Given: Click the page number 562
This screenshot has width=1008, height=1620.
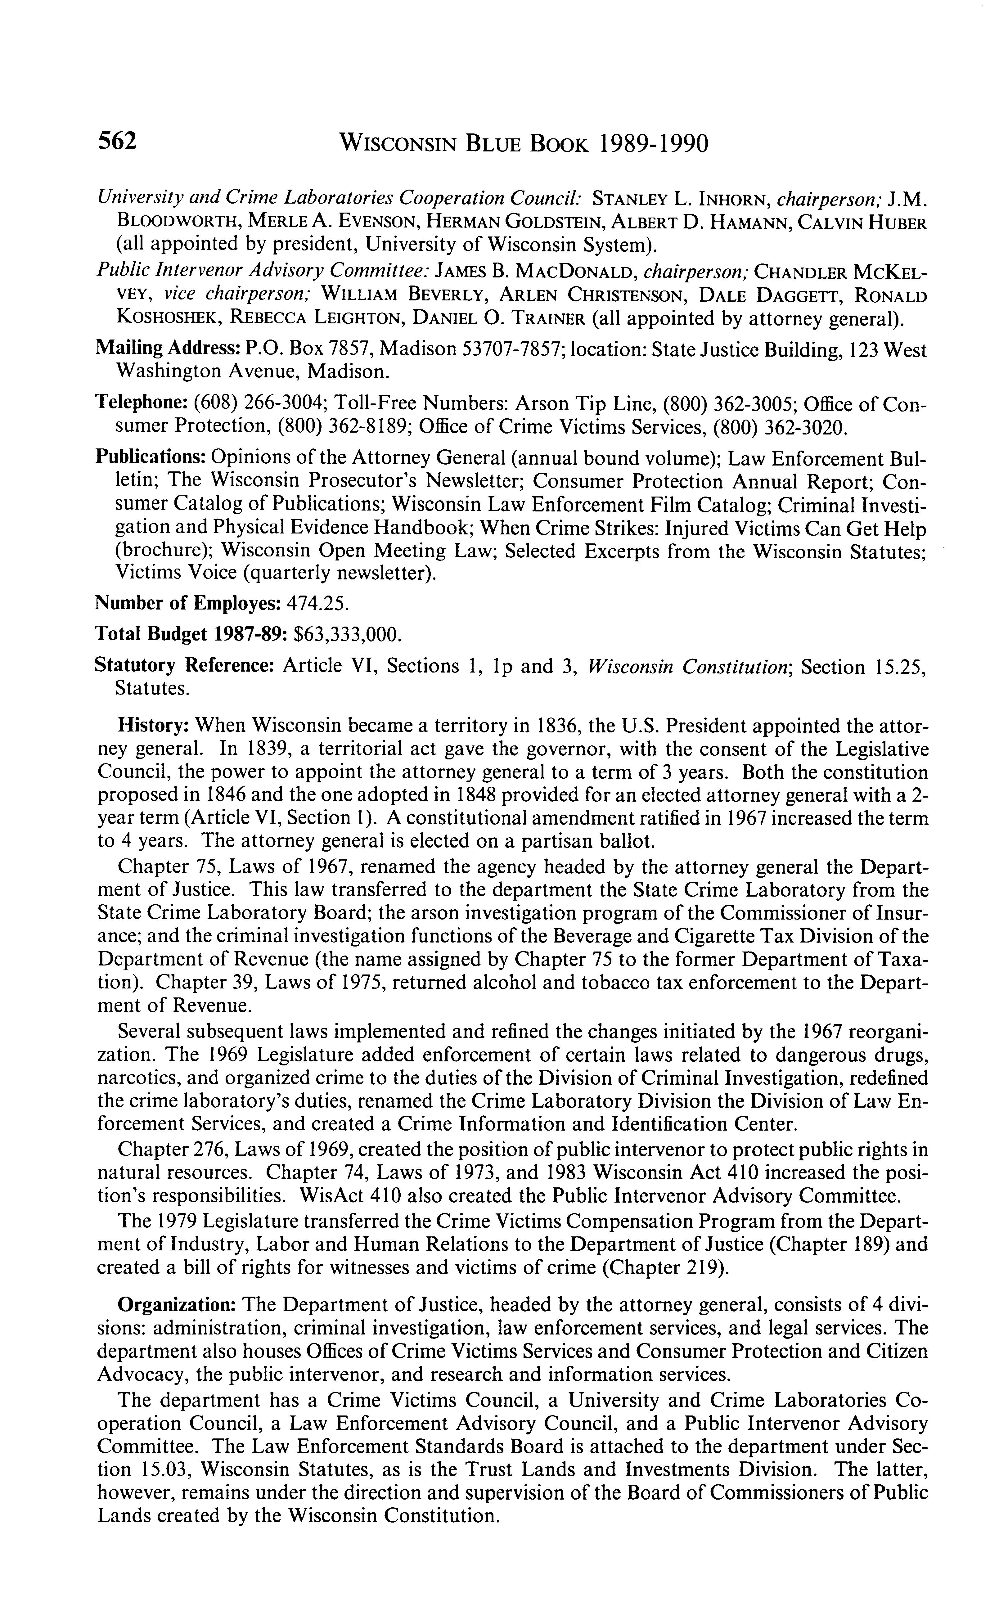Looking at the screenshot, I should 117,141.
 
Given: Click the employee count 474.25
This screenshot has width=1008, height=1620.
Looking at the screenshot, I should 317,603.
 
